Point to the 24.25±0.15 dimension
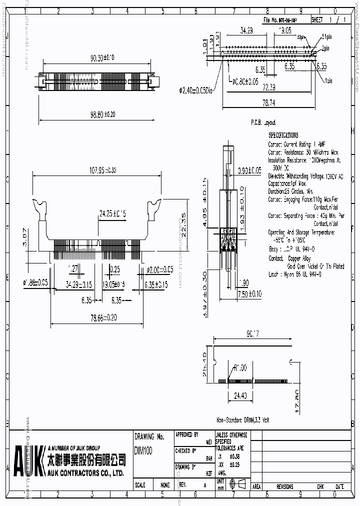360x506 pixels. [x=112, y=212]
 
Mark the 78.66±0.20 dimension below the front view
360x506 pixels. [x=96, y=317]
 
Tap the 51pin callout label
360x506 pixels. [x=327, y=36]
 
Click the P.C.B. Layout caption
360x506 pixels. [x=263, y=122]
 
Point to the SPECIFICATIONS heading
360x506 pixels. [x=283, y=135]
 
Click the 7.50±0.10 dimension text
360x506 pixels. [x=249, y=293]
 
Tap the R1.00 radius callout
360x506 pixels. [x=240, y=367]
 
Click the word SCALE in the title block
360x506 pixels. [x=140, y=485]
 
